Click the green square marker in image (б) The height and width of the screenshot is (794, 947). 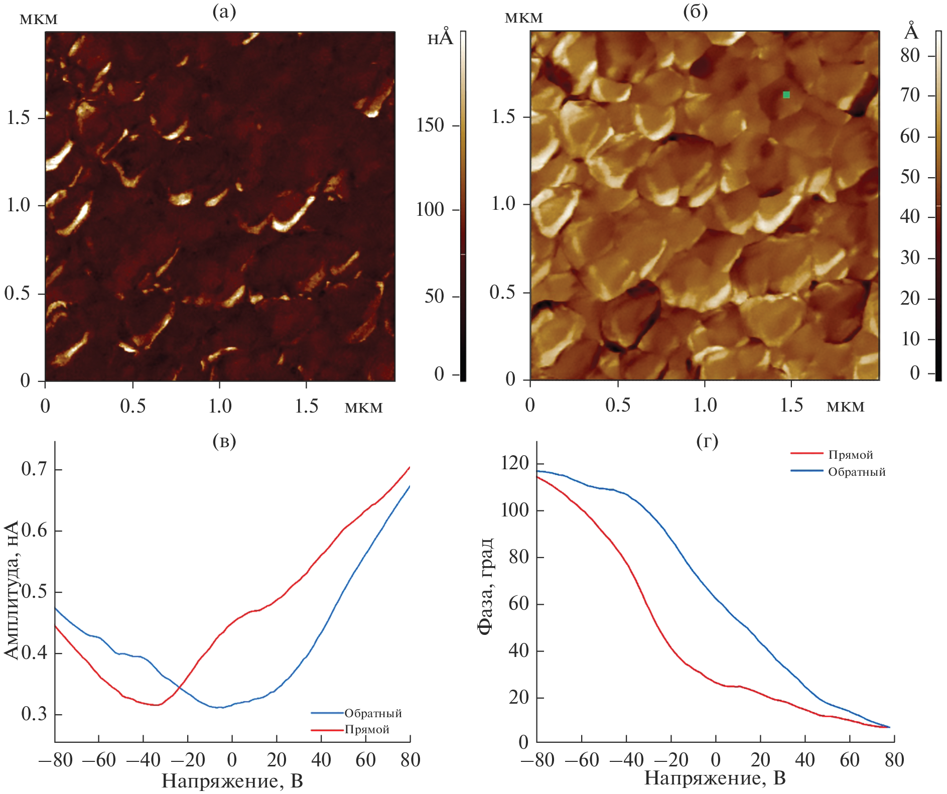pos(786,95)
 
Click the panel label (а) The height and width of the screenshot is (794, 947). pos(224,11)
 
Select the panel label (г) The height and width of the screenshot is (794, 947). pos(707,441)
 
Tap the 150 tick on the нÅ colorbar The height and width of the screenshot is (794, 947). pos(431,125)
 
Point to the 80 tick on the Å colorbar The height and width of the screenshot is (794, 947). pos(910,55)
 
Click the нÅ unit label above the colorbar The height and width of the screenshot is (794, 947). pos(440,37)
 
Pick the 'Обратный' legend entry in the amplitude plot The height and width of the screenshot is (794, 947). pos(372,713)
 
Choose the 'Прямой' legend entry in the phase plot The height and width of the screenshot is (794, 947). pos(850,455)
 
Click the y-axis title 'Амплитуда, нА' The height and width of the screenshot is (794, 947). pos(11,589)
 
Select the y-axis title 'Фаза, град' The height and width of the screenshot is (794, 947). pos(485,587)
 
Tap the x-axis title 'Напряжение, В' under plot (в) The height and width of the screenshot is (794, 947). pos(232,781)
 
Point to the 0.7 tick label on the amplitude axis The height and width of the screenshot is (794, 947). pos(34,469)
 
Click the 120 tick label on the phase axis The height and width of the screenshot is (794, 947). pos(515,463)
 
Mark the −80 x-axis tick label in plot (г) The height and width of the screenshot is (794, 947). pos(537,760)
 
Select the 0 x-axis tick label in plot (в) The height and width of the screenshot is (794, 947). pos(232,760)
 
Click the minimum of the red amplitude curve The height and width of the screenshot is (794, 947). pos(157,705)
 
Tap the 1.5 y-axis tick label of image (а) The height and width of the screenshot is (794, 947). pos(19,118)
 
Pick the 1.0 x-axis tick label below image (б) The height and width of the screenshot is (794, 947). pos(705,405)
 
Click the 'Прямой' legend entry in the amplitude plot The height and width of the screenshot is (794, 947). pos(366,729)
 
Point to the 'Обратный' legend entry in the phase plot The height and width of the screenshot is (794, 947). pos(856,472)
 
